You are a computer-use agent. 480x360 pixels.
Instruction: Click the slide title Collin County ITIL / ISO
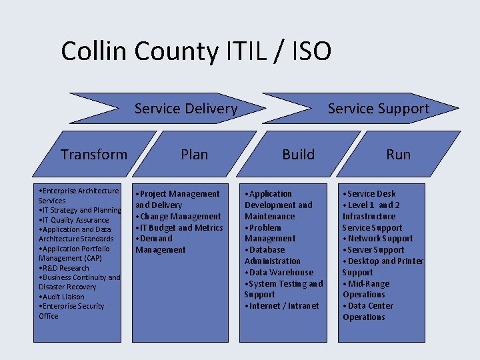point(195,51)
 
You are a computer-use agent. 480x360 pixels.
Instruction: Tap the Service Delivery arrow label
point(185,108)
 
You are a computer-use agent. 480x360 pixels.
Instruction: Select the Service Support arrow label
point(378,108)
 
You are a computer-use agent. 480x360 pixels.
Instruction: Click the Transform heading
point(94,155)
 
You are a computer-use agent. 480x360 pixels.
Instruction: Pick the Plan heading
point(194,155)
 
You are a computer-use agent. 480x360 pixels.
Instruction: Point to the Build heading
point(298,155)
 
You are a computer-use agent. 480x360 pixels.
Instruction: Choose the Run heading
point(398,155)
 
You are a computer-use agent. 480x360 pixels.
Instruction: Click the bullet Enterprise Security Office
point(72,311)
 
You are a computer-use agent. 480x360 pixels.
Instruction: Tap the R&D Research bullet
point(65,268)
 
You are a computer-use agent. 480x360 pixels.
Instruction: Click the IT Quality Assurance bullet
point(75,220)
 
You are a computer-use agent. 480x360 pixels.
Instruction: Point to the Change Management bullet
point(179,216)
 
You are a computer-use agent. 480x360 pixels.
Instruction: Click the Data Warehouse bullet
point(280,272)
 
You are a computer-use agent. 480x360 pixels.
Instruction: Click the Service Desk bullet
point(370,193)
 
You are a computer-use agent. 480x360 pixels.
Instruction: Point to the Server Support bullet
point(375,250)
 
